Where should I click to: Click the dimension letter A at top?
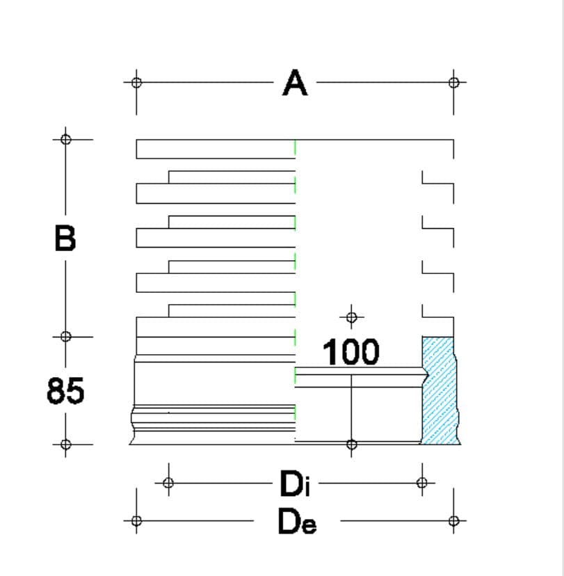(295, 83)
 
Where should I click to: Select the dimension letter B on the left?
(65, 238)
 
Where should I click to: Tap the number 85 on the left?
(65, 391)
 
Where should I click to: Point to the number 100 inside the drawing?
(351, 352)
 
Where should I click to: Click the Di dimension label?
(295, 483)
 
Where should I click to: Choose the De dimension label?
(297, 521)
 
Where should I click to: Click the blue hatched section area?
(440, 391)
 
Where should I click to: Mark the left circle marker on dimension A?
(136, 82)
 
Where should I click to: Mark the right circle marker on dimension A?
(454, 82)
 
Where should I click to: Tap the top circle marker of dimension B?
(66, 140)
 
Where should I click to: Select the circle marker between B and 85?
(66, 337)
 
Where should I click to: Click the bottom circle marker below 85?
(66, 445)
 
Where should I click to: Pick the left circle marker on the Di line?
(168, 483)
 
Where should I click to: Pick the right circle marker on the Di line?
(422, 483)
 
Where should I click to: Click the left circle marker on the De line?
(136, 520)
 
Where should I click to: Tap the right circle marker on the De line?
(454, 520)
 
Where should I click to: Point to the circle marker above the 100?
(351, 317)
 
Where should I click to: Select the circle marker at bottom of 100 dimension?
(351, 445)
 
